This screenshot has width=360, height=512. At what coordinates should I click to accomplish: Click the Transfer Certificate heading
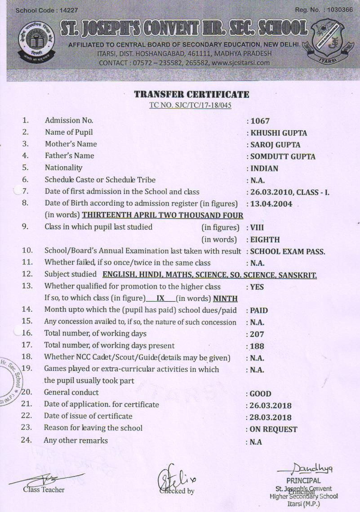tap(191, 94)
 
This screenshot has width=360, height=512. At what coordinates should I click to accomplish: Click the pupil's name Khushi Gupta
tap(279, 133)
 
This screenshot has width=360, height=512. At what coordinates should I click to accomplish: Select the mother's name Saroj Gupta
tap(275, 145)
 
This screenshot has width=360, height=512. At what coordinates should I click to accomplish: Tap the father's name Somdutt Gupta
tap(283, 157)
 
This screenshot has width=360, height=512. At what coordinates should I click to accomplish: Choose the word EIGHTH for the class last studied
tap(265, 240)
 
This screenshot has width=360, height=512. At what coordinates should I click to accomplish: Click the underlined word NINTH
tap(225, 299)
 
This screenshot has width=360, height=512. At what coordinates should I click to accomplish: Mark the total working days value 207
tap(257, 334)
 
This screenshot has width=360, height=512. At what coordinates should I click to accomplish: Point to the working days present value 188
tap(257, 346)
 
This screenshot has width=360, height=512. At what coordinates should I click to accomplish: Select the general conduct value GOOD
tap(260, 394)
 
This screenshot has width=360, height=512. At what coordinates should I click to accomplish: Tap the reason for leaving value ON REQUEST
tap(274, 429)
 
